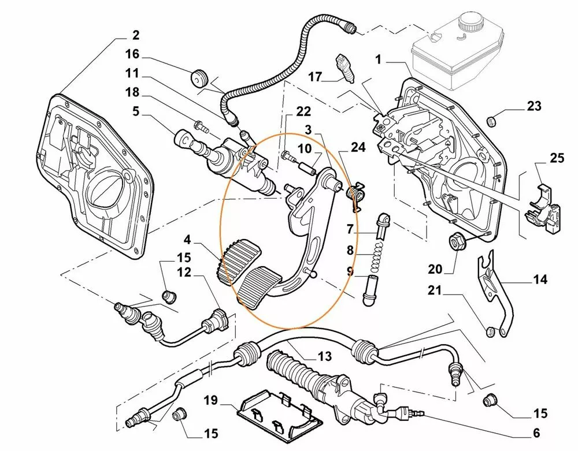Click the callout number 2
[x=135, y=35]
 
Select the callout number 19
[x=210, y=400]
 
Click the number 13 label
[x=324, y=356]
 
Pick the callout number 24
[x=358, y=147]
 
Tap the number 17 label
[x=314, y=76]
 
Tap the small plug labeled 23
[x=492, y=122]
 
